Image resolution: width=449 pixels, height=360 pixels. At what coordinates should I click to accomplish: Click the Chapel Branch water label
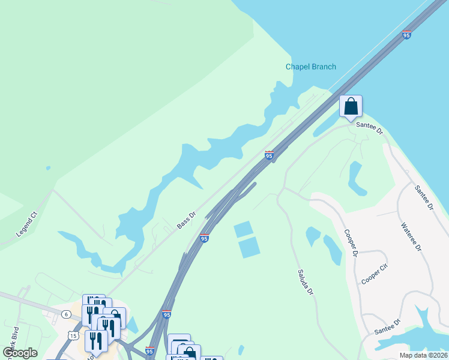point(310,67)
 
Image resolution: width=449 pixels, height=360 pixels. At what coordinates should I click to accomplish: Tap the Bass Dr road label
point(187,220)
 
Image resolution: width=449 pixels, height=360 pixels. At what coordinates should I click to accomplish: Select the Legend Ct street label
point(26,223)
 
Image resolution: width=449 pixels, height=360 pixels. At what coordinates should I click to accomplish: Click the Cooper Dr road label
point(351,242)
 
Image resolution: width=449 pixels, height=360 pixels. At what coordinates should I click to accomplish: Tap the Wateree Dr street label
point(411,237)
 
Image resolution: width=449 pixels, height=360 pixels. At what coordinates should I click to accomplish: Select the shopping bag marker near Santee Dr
point(351,106)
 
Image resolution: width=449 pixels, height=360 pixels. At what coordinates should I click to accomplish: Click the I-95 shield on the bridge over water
point(406,35)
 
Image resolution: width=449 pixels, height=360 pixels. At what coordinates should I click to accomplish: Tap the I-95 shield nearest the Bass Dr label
point(204,238)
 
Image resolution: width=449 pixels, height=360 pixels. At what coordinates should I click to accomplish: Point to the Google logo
point(20,353)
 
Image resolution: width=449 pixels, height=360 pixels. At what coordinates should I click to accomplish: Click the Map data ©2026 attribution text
point(423,355)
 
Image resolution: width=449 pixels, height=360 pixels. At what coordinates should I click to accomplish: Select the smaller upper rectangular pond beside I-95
point(243,229)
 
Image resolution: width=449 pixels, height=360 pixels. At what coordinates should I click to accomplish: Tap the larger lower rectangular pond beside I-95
point(249,247)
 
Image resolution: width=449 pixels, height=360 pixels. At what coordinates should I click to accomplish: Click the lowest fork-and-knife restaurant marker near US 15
point(96,341)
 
